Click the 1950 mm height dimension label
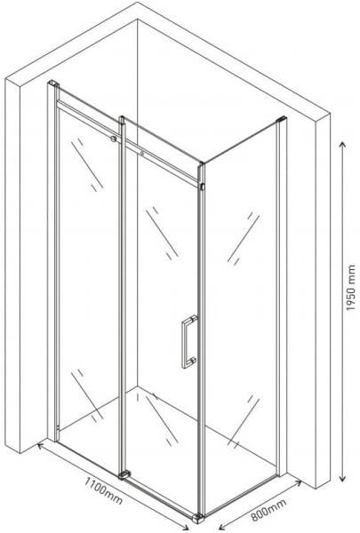350,288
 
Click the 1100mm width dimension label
103,491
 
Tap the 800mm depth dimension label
268,510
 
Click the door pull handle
188,342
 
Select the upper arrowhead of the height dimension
343,146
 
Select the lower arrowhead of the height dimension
343,478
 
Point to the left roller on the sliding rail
113,139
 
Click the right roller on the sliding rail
142,154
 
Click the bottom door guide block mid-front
124,474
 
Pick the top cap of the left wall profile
53,83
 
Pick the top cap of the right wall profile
282,119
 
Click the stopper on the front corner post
202,187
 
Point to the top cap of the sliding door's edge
122,119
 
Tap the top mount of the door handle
193,319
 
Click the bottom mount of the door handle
193,361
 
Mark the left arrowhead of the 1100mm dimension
40,445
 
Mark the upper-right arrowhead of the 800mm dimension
298,482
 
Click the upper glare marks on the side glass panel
244,238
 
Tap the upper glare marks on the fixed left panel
87,164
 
